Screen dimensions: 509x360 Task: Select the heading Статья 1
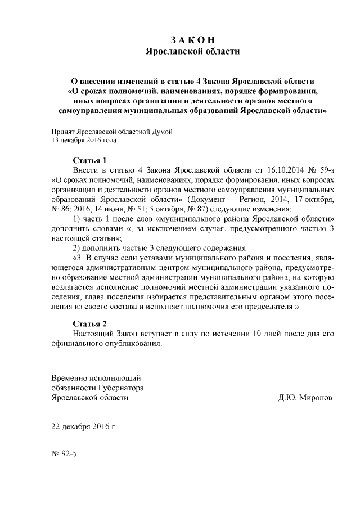(90, 160)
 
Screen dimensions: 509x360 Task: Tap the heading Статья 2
(90, 323)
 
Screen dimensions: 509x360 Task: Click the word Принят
(62, 132)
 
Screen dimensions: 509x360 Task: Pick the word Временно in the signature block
(69, 377)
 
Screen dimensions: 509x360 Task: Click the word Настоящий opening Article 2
(93, 334)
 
